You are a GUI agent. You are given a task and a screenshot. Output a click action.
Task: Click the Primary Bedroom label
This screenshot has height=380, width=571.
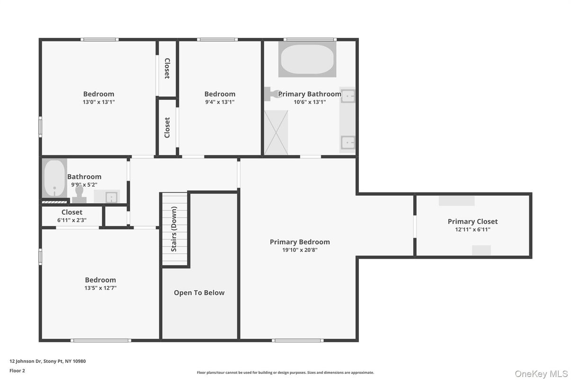pos(300,242)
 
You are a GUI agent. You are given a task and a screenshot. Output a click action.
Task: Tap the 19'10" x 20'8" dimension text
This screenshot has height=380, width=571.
pos(300,250)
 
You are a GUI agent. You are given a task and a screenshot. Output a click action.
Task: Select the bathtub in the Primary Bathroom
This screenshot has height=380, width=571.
pos(307,59)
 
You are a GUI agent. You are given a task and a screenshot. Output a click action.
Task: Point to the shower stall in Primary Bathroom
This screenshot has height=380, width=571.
pos(276,132)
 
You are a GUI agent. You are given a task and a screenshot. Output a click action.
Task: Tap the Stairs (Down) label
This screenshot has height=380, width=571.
pos(174,229)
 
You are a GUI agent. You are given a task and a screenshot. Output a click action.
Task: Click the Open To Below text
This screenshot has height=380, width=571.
pos(199,293)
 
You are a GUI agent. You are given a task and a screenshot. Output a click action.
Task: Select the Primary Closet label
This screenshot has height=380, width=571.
pos(473,221)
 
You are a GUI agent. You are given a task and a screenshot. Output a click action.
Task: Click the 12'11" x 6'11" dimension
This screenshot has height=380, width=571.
pos(473,230)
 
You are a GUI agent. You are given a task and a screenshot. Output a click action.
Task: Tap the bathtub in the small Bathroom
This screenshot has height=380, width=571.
pos(54,179)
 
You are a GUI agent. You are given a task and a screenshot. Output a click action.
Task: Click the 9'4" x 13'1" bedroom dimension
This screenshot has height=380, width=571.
pos(220,102)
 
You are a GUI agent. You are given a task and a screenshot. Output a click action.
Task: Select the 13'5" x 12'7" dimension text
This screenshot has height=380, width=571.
pos(100,288)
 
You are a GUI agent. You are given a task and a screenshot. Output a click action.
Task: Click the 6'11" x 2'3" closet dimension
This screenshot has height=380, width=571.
pos(72,220)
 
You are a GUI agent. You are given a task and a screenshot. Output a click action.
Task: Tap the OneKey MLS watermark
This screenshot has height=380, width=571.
pos(541,374)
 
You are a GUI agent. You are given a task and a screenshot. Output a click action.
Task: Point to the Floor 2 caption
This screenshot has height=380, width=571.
pos(17,371)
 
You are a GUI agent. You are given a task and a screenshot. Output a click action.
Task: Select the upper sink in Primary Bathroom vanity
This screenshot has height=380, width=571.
pos(348,96)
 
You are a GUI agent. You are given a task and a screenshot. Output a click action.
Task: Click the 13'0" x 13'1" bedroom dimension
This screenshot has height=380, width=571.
pos(98,102)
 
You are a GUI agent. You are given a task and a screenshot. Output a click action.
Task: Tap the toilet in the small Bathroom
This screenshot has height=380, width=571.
pos(79,194)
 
